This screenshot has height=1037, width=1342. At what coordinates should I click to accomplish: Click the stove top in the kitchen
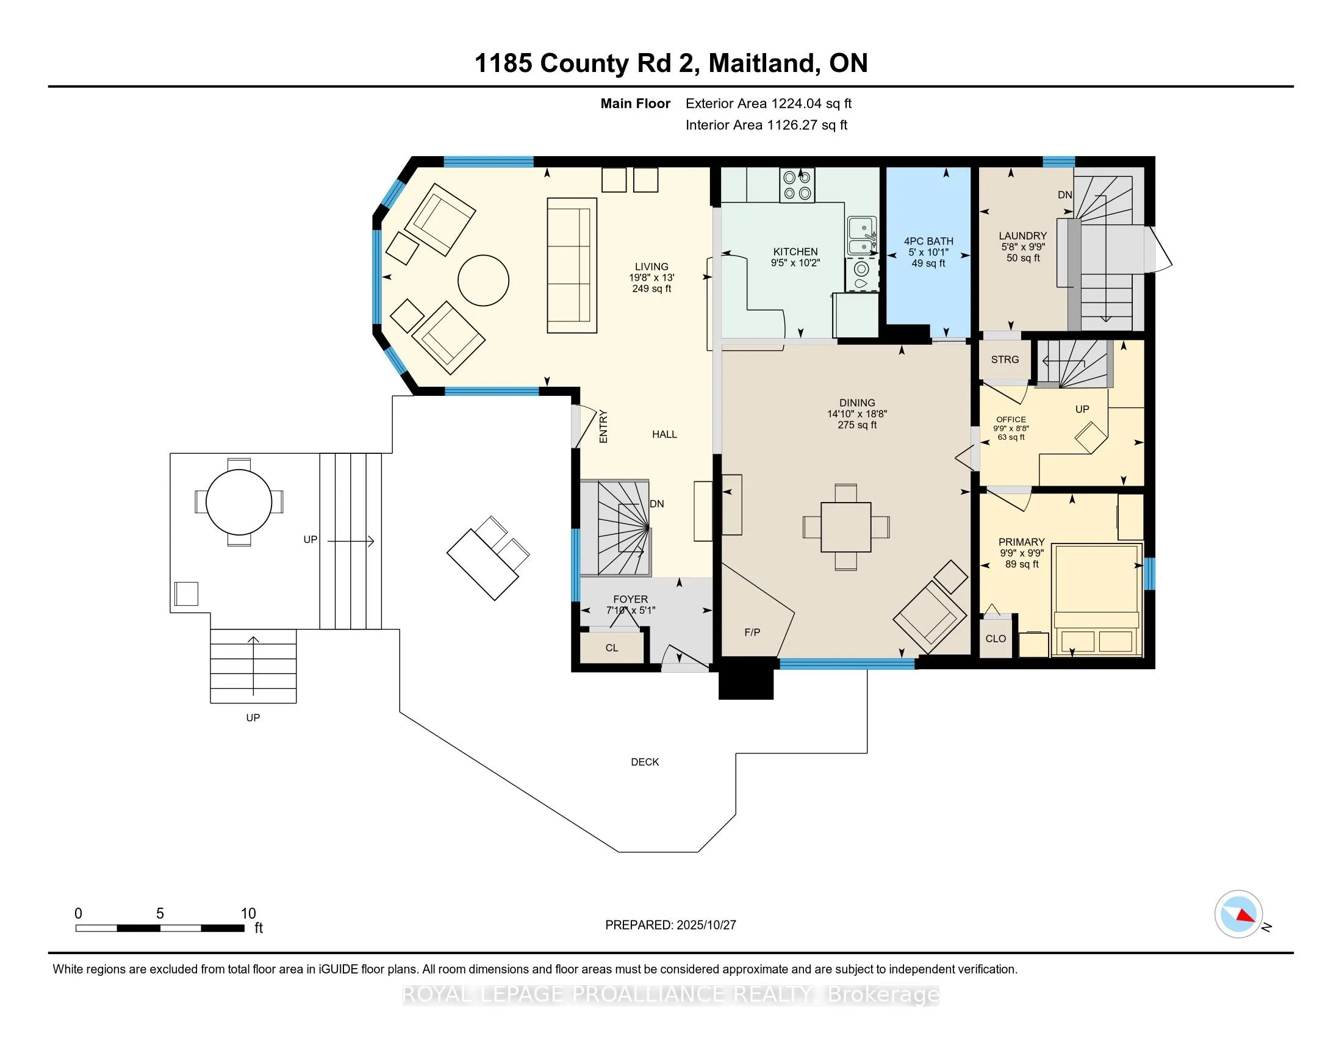[x=797, y=185]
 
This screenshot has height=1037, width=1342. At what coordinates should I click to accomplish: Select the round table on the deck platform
[x=239, y=502]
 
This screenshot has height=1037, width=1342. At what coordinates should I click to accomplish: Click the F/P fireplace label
[x=752, y=632]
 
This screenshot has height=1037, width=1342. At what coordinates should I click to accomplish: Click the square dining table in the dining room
[x=845, y=527]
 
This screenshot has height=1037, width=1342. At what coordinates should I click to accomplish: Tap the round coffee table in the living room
[x=483, y=280]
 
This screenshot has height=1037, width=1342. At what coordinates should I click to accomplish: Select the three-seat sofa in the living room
[x=572, y=265]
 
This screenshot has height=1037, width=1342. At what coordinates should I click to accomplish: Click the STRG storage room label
[x=1005, y=359]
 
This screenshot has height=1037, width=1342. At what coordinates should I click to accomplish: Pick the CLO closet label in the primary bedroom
[x=996, y=639]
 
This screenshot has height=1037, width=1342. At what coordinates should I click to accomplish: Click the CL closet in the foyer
[x=611, y=647]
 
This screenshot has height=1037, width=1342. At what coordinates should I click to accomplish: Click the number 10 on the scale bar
[x=248, y=914]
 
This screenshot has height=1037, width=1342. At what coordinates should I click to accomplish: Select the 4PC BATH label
[x=928, y=242]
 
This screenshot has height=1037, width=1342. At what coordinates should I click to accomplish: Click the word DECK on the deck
[x=645, y=762]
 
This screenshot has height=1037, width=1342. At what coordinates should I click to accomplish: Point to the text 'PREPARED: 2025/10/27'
[x=670, y=925]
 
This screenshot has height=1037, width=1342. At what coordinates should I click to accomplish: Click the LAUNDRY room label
[x=1022, y=236]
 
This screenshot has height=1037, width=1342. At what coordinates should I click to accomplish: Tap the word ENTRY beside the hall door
[x=603, y=426]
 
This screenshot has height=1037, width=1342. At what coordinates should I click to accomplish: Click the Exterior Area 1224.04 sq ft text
[x=768, y=104]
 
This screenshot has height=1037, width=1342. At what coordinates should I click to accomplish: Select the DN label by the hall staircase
[x=657, y=504]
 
